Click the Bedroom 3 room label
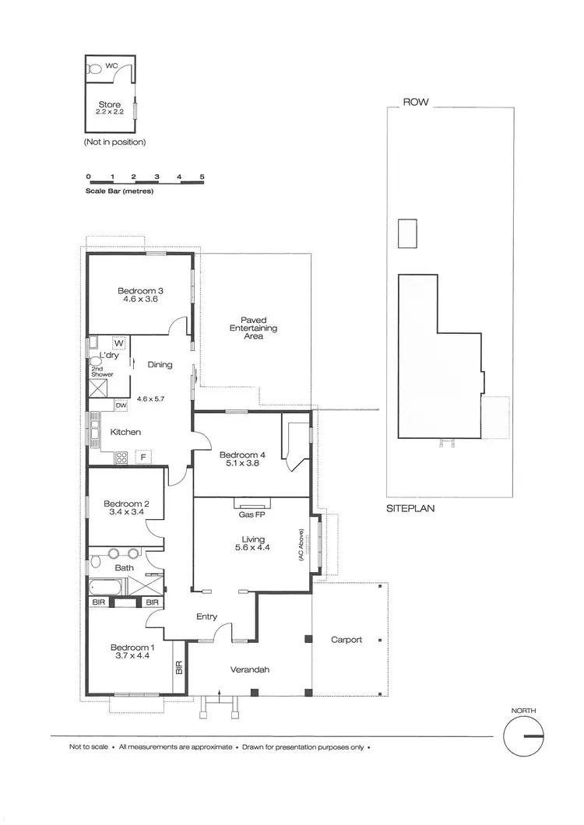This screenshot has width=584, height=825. [x=140, y=291]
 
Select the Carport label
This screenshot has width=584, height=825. [x=347, y=640]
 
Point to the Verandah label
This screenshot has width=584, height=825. [x=250, y=670]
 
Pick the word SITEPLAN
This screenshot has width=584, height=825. [x=410, y=509]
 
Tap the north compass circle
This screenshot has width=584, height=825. [x=523, y=735]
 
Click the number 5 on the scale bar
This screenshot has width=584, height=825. [x=202, y=177]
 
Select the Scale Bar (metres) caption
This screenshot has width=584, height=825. [x=120, y=190]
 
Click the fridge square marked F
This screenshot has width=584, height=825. [x=143, y=456]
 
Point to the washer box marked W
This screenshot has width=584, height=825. [x=119, y=343]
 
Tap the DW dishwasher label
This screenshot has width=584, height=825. [x=121, y=405]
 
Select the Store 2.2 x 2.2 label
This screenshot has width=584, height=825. [x=110, y=108]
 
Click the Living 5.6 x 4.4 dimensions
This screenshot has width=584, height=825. [x=253, y=549]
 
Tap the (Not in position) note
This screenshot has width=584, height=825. [x=114, y=142]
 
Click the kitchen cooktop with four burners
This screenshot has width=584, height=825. [x=122, y=458]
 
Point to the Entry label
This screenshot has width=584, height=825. [x=206, y=616]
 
